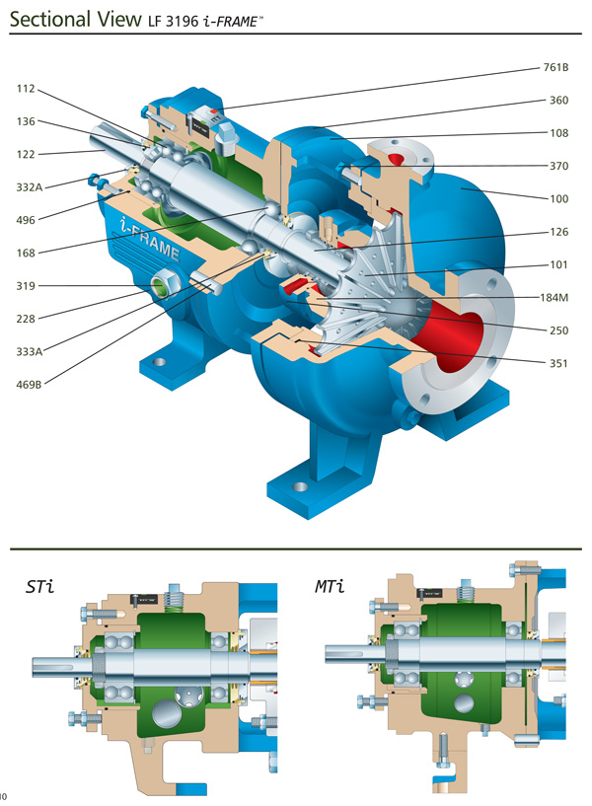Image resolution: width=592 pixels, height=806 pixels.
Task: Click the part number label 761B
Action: pos(556,69)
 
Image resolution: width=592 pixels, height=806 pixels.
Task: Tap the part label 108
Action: pos(559,133)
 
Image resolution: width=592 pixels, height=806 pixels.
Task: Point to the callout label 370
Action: pos(559,166)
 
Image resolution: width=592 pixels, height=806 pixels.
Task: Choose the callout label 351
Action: pos(559,361)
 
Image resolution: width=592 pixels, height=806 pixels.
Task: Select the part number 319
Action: pos(27,285)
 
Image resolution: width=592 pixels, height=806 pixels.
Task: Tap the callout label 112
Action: pos(27,89)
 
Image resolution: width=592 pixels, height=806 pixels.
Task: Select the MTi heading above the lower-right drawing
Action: pos(330,588)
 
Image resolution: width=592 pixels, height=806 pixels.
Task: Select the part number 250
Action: pos(559,329)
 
